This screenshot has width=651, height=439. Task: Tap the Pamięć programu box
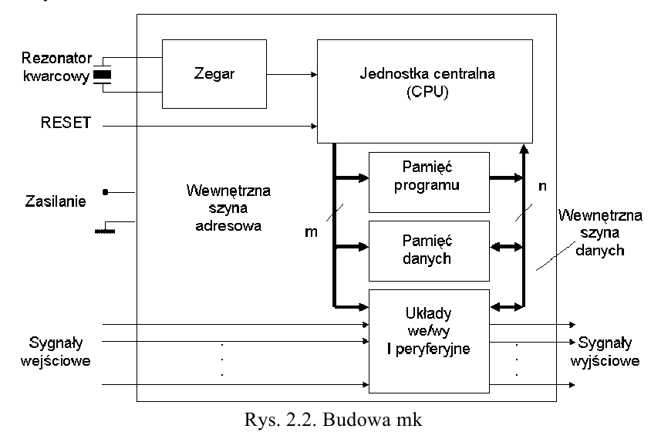tap(429, 181)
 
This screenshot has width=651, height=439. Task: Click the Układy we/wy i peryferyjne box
tap(429, 339)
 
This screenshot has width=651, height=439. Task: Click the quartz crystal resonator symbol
tap(102, 75)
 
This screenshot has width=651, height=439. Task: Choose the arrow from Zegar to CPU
tap(288, 75)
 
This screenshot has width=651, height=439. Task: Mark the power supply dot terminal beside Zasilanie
tap(106, 192)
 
